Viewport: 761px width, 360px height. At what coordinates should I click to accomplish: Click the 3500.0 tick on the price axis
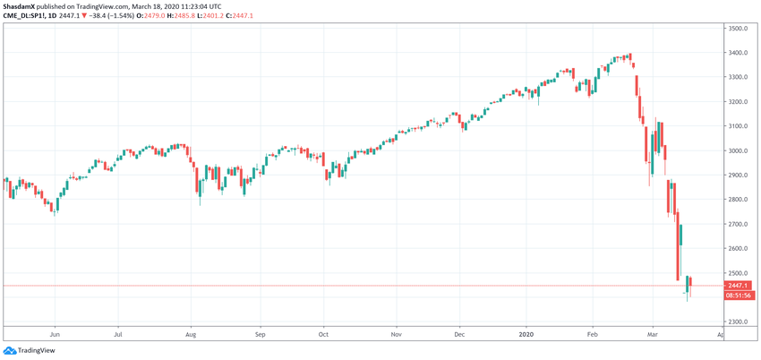pos(737,29)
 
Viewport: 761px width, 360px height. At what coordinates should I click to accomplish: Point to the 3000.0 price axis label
pos(737,150)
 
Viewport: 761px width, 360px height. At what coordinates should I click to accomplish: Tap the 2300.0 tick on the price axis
pos(737,321)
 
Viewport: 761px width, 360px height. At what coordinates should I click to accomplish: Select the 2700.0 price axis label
pos(737,224)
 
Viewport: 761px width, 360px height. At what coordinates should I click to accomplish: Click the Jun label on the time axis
pos(55,334)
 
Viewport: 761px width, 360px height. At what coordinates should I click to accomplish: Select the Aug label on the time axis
pos(191,334)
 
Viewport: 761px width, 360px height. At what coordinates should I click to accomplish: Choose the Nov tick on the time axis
pos(395,334)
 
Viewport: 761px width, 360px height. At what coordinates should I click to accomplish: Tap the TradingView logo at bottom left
pos(30,350)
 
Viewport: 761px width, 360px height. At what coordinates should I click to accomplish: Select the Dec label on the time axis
pos(459,334)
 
